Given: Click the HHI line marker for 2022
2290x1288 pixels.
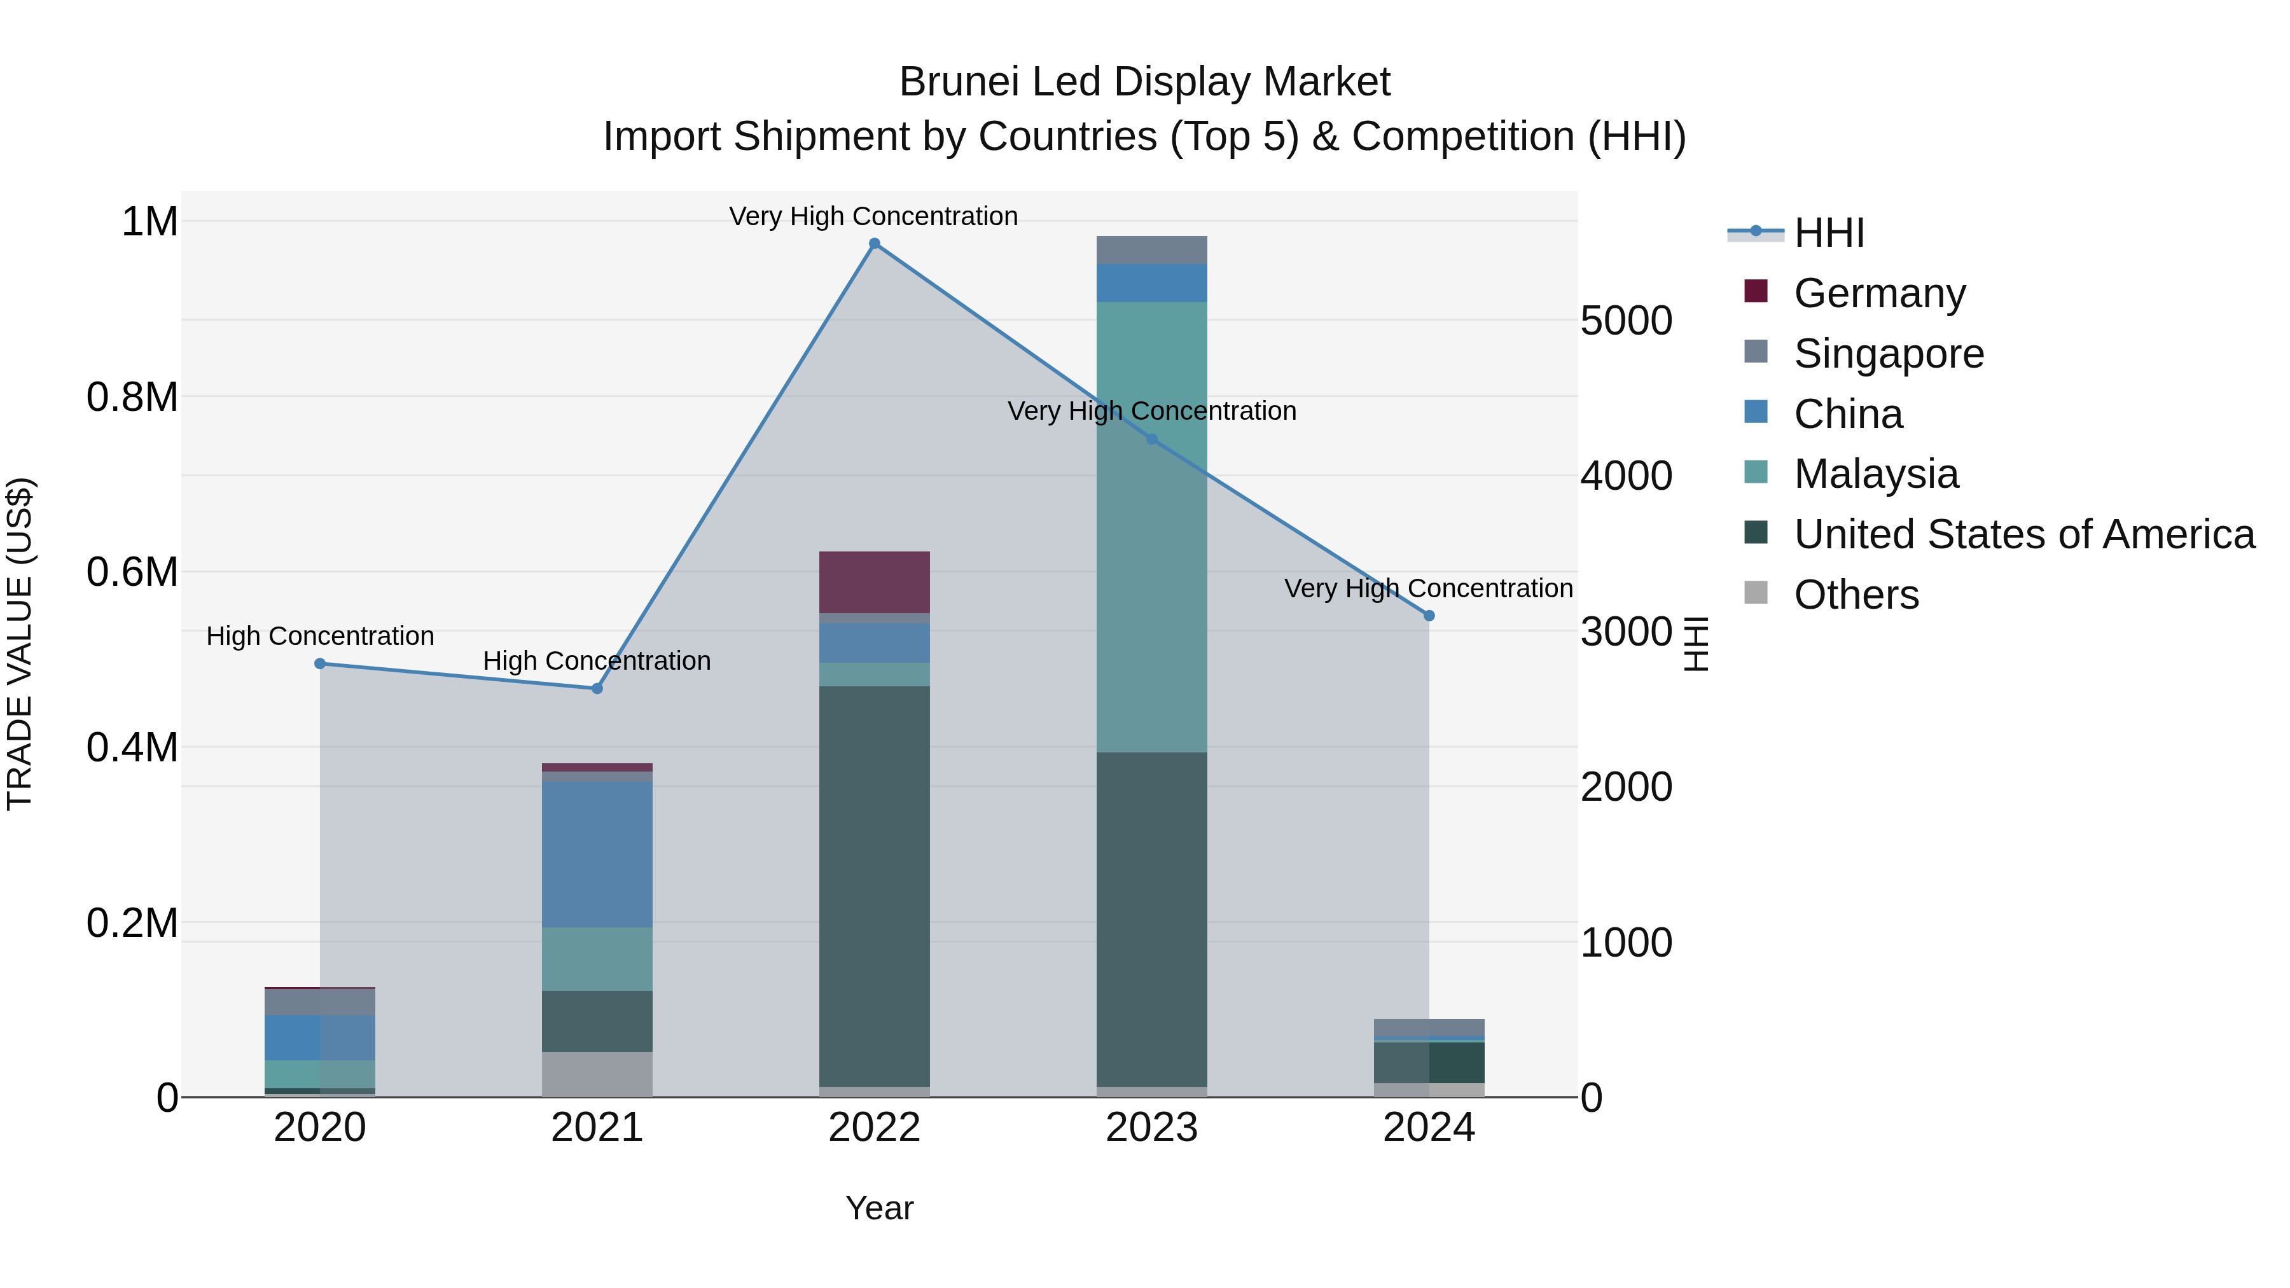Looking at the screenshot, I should pos(874,244).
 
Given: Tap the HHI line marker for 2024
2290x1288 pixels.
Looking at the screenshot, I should pos(1429,615).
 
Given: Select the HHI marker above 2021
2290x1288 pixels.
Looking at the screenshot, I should pos(597,688).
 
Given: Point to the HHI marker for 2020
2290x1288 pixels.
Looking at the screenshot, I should pos(320,663).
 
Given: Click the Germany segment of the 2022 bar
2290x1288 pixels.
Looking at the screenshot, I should pos(874,582).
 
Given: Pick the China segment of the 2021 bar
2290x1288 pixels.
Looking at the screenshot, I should pos(597,854).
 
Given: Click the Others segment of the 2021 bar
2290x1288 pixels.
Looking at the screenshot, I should pos(597,1074).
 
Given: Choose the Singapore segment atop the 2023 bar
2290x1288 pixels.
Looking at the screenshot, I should pos(1151,250).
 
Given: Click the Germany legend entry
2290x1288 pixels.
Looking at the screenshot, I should pos(1879,293).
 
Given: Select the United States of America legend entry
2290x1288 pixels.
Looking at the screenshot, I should pos(2024,534).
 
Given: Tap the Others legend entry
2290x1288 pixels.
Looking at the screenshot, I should pos(1856,595).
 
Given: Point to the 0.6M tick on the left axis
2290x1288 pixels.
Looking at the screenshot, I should pos(132,572).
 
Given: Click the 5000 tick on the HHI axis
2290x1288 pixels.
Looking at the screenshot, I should pos(1626,321).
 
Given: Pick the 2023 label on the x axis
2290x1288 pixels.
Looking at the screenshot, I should pos(1151,1128).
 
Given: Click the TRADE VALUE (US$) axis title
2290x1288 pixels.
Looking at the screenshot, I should pos(20,644).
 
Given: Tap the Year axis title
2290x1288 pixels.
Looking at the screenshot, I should pos(879,1208).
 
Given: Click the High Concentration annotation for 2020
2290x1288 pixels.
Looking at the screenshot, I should pos(320,637).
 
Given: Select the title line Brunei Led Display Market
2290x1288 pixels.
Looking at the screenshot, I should pos(1144,82).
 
